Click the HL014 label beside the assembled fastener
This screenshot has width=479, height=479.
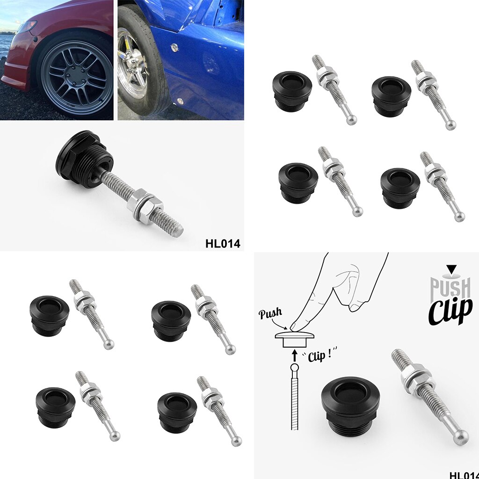coord(222,243)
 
